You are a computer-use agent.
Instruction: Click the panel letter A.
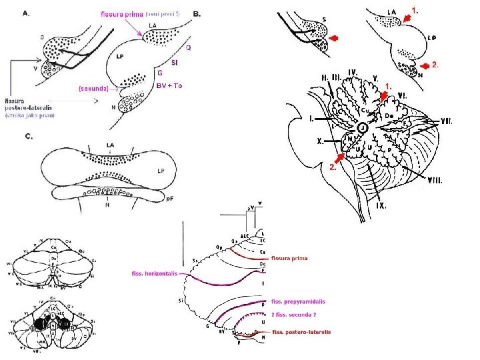point(27,13)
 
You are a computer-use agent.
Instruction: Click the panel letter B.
point(197,13)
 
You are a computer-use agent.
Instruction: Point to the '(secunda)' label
point(94,88)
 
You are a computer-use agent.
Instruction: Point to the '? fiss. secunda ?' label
point(293,313)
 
